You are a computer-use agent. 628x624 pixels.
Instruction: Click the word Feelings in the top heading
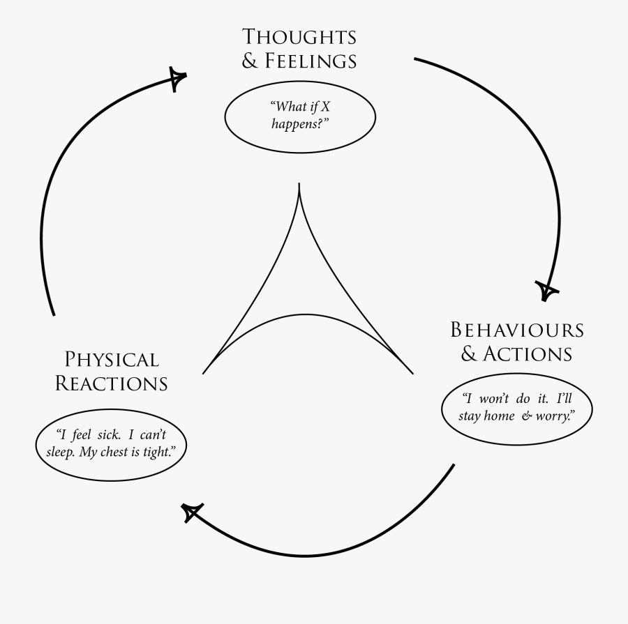pos(311,61)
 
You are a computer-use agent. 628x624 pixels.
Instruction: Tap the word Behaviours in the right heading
pos(517,329)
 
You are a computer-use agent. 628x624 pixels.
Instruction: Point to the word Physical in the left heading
pos(112,360)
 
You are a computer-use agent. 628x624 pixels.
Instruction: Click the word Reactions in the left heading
pos(112,383)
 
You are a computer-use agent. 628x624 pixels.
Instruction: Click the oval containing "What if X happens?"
pos(300,116)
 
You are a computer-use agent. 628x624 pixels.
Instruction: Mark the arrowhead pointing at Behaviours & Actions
pos(548,289)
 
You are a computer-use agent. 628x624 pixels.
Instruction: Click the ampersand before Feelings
pos(250,61)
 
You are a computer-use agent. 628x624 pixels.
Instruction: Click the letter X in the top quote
pos(325,107)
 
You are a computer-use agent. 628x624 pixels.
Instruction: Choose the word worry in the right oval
pos(555,416)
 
